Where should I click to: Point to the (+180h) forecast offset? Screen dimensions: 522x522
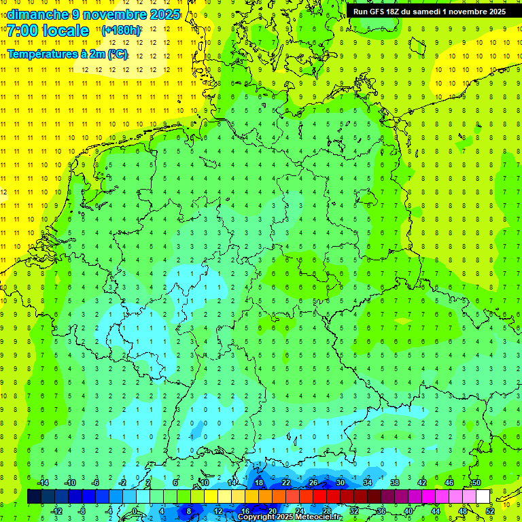(x=121, y=30)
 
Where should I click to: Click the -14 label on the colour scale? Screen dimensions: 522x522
(x=43, y=483)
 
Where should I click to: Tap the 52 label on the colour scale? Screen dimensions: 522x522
(x=490, y=511)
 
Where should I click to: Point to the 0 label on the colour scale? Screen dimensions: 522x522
(x=134, y=511)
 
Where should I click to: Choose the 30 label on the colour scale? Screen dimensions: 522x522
(x=340, y=483)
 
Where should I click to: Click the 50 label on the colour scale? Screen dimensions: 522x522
(x=476, y=483)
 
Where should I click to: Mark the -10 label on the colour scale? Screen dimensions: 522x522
(x=69, y=483)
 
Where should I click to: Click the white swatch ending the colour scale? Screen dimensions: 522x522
(x=483, y=497)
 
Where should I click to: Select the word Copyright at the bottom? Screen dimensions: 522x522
(x=258, y=517)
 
